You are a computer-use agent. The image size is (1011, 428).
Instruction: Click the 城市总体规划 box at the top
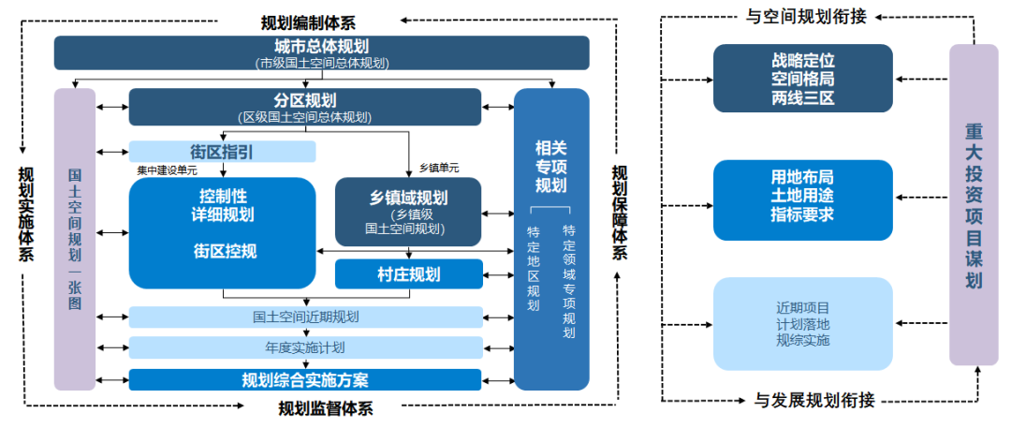point(321,52)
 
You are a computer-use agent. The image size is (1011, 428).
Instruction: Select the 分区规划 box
point(305,107)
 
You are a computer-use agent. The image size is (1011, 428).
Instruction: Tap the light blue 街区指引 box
point(222,152)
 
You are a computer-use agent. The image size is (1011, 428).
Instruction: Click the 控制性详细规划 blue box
point(223,232)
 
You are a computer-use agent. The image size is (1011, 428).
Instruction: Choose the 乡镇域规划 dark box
point(408,212)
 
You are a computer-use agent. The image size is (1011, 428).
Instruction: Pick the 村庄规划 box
point(408,274)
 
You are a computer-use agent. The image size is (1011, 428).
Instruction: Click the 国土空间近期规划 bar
point(305,317)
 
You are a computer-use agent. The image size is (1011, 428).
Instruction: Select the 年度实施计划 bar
point(305,347)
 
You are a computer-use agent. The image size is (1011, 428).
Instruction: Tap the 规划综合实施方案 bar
point(305,379)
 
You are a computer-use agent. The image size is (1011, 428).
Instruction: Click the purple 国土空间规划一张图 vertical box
point(75,239)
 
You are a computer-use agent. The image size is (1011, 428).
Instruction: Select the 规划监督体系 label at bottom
point(326,408)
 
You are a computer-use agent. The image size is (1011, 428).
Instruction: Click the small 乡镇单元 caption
point(440,167)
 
